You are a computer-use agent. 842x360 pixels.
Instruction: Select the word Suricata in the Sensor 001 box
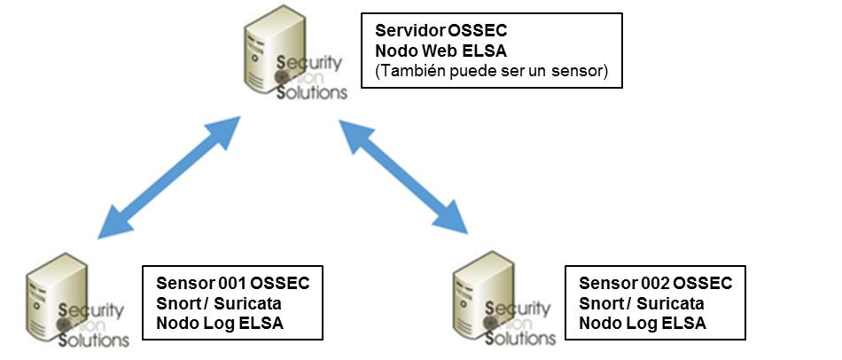point(247,303)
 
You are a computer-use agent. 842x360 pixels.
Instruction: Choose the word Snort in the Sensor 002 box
point(602,303)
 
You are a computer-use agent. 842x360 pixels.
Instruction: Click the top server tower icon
point(263,49)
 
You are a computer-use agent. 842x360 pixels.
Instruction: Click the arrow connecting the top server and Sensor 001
point(169,177)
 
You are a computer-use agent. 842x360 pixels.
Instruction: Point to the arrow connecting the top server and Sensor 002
point(402,177)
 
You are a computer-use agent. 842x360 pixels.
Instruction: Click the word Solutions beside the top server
point(311,92)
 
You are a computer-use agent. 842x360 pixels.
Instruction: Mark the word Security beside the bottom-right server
point(518,309)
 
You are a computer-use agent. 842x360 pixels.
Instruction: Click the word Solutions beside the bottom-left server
point(93,340)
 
